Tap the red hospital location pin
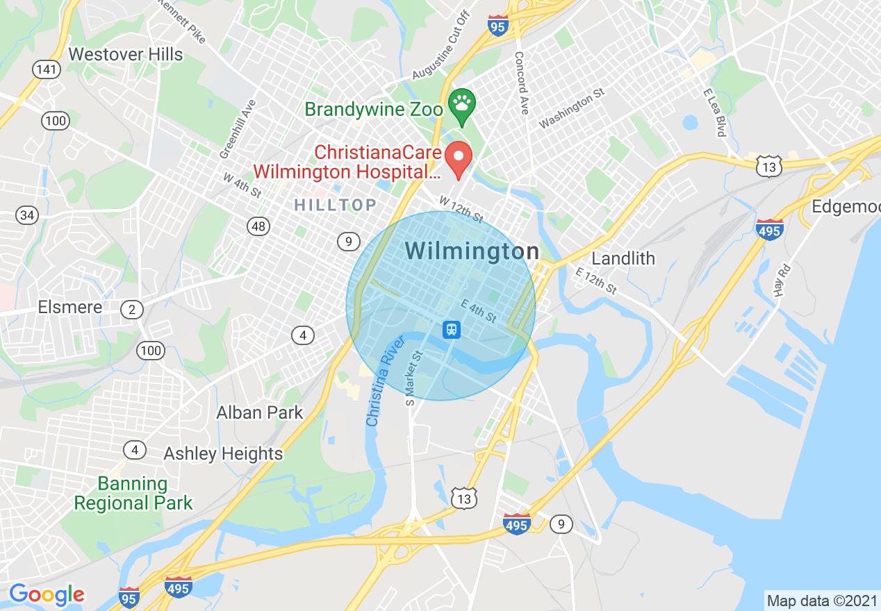(459, 158)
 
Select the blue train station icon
(452, 328)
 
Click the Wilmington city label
(472, 251)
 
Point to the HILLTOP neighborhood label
(335, 205)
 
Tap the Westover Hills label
(126, 54)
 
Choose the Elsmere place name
(70, 307)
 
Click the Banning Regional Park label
(133, 493)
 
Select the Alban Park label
(260, 412)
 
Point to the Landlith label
(623, 258)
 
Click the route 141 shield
(47, 69)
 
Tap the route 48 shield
(258, 226)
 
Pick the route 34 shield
(27, 215)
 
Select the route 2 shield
(132, 310)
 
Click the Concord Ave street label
(522, 83)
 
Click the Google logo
(47, 594)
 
